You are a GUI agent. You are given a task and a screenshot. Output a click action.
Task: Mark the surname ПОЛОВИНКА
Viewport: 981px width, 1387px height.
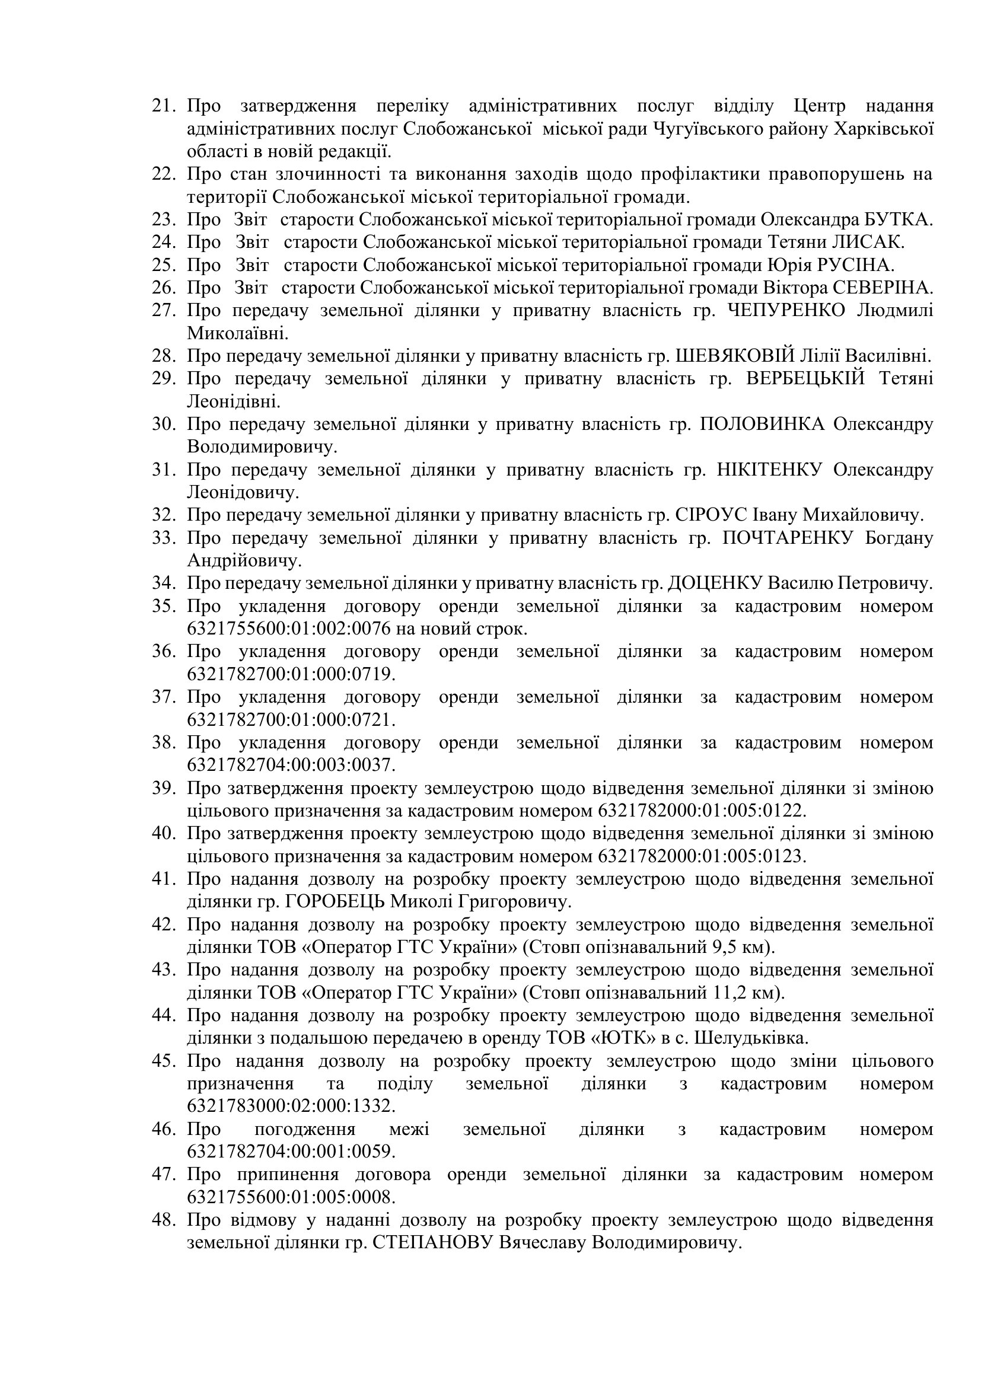click(762, 424)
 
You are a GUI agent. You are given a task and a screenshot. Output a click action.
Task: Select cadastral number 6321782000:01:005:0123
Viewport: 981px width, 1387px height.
click(702, 856)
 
